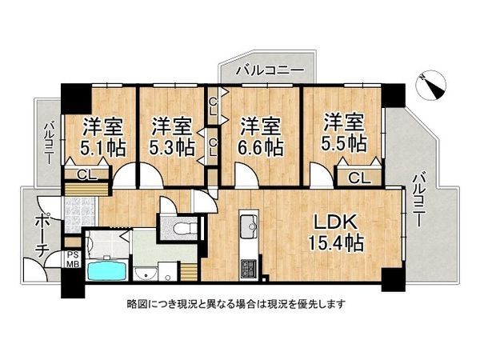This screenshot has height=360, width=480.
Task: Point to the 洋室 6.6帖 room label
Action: click(261, 136)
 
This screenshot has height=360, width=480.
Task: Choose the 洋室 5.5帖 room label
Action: click(345, 133)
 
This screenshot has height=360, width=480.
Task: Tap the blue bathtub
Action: click(104, 270)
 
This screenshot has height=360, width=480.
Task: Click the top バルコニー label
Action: click(270, 72)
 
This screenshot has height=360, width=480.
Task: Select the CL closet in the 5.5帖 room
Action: click(358, 178)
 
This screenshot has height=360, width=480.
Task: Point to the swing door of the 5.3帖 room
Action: click(150, 176)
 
